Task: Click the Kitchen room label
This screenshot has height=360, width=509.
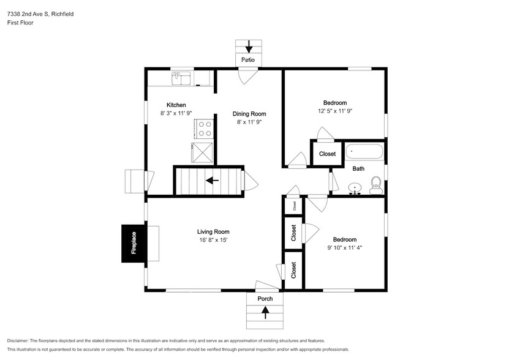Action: [x=176, y=105]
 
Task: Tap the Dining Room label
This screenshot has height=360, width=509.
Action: [x=249, y=114]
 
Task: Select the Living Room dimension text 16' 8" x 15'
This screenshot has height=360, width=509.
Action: [x=213, y=240]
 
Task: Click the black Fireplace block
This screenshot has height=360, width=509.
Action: [x=134, y=243]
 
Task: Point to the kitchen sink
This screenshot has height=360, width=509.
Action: [x=181, y=78]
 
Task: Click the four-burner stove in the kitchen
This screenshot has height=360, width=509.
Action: [x=204, y=129]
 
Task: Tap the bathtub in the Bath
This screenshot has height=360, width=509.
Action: [x=364, y=152]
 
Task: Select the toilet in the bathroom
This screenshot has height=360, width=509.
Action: [x=376, y=186]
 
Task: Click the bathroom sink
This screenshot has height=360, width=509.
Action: [x=355, y=189]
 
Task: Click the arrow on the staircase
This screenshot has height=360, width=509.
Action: [x=213, y=180]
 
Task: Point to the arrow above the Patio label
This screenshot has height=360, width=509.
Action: [x=249, y=47]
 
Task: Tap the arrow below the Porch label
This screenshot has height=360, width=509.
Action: [x=265, y=313]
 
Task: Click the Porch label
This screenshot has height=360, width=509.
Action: [x=265, y=299]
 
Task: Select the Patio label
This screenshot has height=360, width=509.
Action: [x=248, y=60]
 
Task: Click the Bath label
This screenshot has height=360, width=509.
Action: [x=358, y=168]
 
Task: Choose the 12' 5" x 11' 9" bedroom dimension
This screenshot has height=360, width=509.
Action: [x=335, y=111]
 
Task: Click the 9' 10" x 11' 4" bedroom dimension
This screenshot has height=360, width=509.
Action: [x=345, y=248]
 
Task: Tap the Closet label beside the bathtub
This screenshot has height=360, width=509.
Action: [x=327, y=154]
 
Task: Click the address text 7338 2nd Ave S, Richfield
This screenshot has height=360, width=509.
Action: [x=40, y=14]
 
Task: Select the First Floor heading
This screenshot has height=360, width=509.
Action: [x=20, y=23]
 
